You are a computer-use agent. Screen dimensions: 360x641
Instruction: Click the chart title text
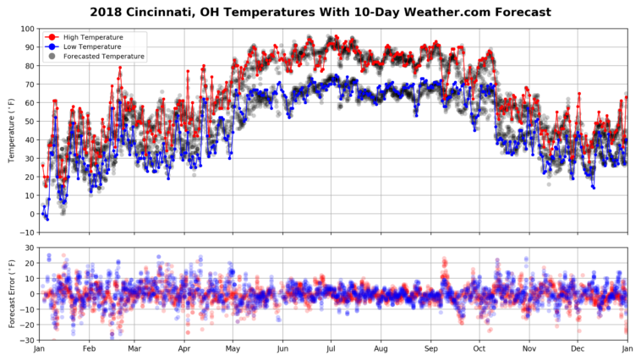(320, 13)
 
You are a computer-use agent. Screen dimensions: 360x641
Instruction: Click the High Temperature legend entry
(93, 38)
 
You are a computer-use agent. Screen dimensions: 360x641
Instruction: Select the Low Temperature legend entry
(92, 47)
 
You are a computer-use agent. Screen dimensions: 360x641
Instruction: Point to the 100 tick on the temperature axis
(27, 30)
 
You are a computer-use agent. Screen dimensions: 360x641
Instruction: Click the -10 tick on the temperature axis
(27, 232)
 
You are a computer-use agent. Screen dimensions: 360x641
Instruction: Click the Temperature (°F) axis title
(12, 131)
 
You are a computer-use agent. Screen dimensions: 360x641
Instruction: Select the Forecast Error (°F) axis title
(12, 294)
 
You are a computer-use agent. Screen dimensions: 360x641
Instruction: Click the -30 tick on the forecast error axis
(27, 341)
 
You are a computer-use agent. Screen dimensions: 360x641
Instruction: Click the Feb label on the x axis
(89, 349)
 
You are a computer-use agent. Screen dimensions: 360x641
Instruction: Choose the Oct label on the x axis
(479, 349)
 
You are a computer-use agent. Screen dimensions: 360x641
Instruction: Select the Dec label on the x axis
(578, 349)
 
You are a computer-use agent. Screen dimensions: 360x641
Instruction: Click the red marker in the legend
(52, 38)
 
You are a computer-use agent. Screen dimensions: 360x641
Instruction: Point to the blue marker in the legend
(52, 47)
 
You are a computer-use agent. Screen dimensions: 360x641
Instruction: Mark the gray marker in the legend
(52, 57)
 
